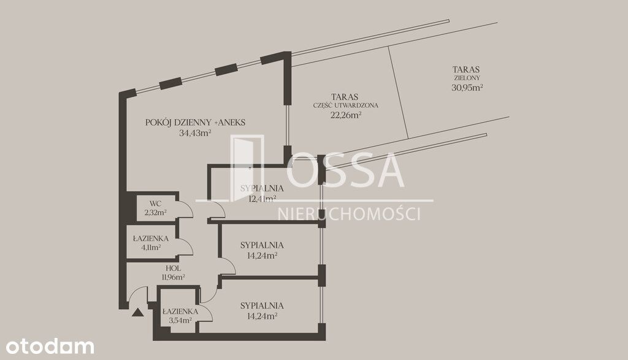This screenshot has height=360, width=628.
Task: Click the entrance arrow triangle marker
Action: click(137, 313)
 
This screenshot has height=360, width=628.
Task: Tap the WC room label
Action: click(155, 204)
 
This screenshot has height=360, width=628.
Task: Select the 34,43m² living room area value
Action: click(195, 133)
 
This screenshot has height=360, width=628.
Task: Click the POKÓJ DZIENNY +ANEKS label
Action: click(195, 123)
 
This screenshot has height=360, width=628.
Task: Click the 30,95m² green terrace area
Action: click(467, 87)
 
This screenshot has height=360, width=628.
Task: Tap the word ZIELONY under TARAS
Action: click(467, 78)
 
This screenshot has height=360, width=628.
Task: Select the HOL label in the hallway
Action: click(173, 268)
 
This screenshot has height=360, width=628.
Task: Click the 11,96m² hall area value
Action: click(173, 277)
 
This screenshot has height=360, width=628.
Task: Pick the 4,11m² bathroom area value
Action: click(151, 247)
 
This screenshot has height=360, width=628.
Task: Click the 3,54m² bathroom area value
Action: click(180, 320)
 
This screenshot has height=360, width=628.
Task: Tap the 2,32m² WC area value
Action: click(155, 213)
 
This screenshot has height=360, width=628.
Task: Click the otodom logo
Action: click(50, 347)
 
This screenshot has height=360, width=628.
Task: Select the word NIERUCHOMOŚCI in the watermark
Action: click(349, 214)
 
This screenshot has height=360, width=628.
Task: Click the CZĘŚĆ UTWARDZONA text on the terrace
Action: click(345, 105)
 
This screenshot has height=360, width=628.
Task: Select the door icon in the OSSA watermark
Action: click(247, 168)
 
